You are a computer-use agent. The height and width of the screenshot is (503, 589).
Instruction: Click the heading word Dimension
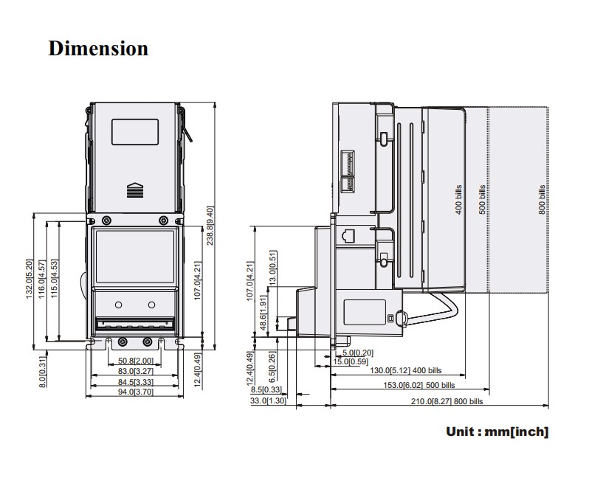pyautogui.click(x=98, y=49)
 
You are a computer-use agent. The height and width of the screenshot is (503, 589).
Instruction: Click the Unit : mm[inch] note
pyautogui.click(x=497, y=431)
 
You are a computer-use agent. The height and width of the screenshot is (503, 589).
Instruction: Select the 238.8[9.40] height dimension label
pyautogui.click(x=210, y=226)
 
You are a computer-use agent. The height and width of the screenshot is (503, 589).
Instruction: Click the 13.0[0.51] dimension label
pyautogui.click(x=272, y=266)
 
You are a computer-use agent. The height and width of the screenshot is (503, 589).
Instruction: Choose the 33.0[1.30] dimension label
pyautogui.click(x=267, y=400)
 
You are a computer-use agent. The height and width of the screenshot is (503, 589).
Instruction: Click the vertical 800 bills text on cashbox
pyautogui.click(x=542, y=197)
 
